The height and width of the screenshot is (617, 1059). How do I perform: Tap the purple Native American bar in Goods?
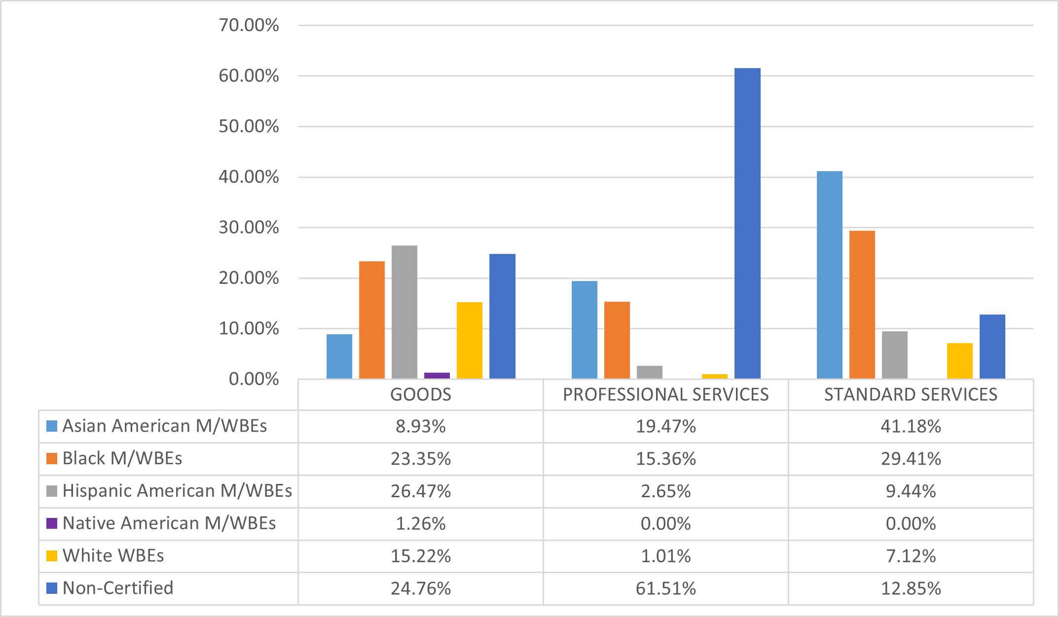[437, 376]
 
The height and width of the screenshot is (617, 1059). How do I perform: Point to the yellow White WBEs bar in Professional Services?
[715, 377]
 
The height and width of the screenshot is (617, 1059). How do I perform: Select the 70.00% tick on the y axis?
[249, 25]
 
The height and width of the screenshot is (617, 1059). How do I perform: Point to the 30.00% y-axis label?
[249, 228]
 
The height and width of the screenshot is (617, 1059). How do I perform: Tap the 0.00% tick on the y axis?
[254, 379]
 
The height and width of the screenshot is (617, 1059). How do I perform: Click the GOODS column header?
[421, 395]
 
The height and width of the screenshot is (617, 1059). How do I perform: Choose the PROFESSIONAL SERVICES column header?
[666, 395]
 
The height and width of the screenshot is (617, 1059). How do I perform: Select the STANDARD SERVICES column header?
[911, 395]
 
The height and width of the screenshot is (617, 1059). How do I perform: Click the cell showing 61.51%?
[666, 588]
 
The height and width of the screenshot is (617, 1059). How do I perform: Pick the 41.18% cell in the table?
[911, 426]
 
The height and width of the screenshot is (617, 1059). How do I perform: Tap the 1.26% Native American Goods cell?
[421, 523]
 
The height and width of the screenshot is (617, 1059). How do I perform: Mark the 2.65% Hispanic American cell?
[666, 491]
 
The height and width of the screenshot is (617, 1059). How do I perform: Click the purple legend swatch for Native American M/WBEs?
[52, 523]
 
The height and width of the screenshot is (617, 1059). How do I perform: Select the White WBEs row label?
[113, 556]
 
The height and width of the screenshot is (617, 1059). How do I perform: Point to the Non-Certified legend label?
[118, 588]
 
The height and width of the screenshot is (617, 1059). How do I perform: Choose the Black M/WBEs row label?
[122, 458]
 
